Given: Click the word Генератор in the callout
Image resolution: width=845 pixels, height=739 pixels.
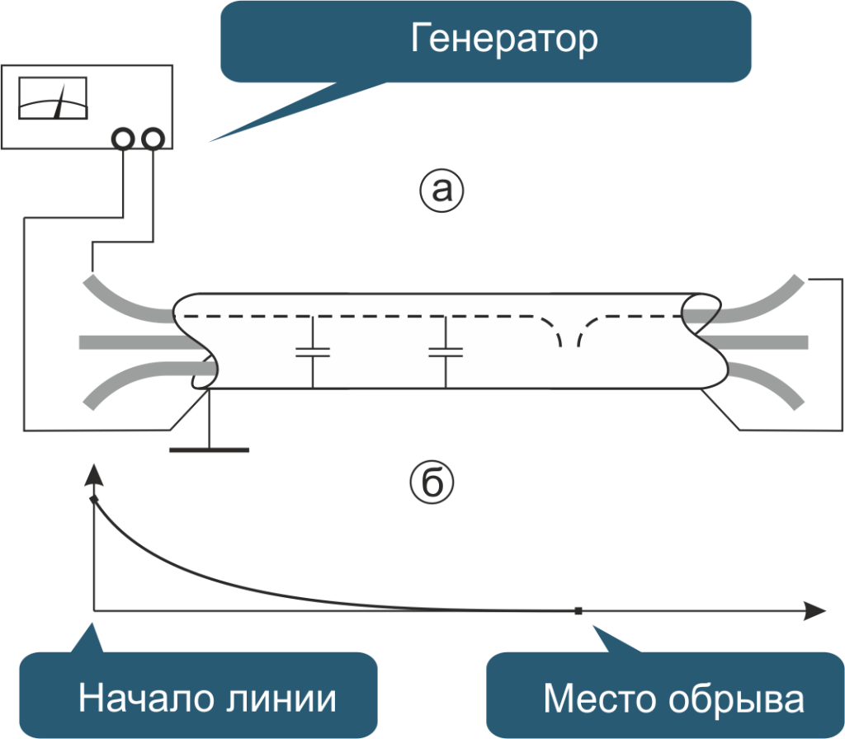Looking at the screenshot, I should click(x=504, y=40).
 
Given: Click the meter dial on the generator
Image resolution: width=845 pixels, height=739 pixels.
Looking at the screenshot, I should click(x=53, y=98).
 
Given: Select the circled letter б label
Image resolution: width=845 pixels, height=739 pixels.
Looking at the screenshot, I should click(x=432, y=483).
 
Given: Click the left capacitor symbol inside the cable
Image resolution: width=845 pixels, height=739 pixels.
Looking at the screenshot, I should click(x=313, y=352).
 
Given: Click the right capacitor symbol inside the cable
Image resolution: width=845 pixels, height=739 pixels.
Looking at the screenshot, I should click(x=446, y=352).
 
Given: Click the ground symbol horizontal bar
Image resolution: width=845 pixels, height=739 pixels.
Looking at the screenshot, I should click(x=209, y=450).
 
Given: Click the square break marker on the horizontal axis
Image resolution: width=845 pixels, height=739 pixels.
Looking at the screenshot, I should click(x=578, y=611).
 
